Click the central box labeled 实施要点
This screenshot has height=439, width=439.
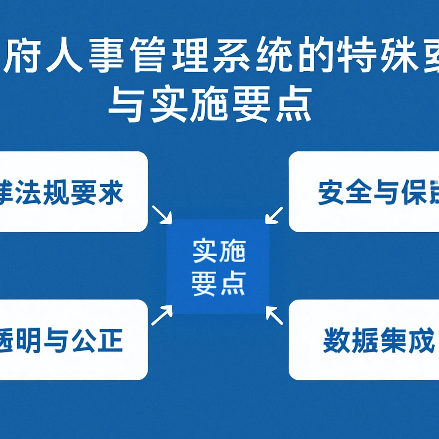tap(218, 266)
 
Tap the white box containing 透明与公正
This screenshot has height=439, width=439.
tap(73, 340)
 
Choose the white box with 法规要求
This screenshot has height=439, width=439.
tap(73, 192)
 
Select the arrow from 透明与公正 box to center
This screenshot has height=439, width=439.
tap(162, 316)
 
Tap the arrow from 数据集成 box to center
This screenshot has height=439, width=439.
tap(274, 315)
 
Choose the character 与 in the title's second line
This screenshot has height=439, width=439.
tap(126, 105)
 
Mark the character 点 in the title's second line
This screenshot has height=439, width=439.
tap(293, 105)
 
